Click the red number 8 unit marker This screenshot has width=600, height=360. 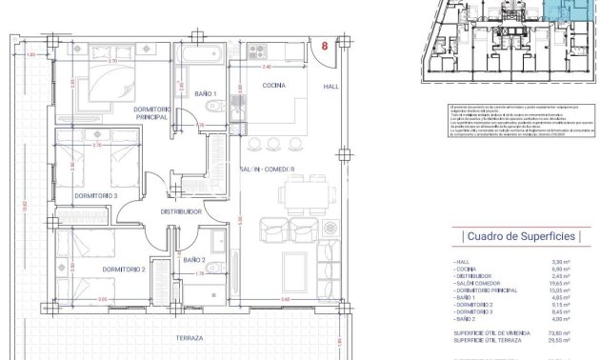(x=327, y=45)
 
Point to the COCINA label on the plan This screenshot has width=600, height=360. (x=275, y=86)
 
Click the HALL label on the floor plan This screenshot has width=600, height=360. (x=330, y=87)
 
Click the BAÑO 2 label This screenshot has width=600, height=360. (x=194, y=259)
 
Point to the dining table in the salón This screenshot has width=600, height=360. (x=299, y=195)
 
